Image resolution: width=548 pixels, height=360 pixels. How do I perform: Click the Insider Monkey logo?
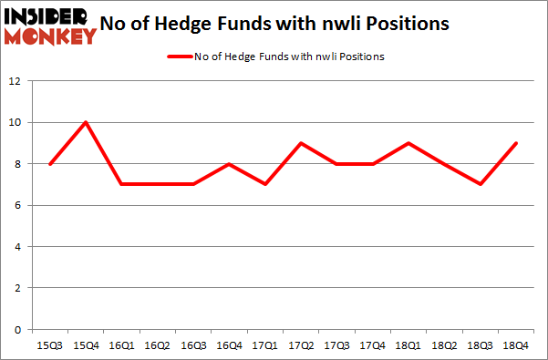coord(50,26)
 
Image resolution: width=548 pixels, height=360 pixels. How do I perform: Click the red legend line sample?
coord(178,57)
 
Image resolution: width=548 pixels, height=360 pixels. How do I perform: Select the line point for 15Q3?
coord(50,164)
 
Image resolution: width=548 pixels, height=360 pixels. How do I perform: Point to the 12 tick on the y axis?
coord(15,81)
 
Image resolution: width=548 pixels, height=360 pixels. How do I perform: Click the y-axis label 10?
coord(15,122)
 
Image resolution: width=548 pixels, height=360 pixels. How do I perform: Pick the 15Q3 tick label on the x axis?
coord(50,346)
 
